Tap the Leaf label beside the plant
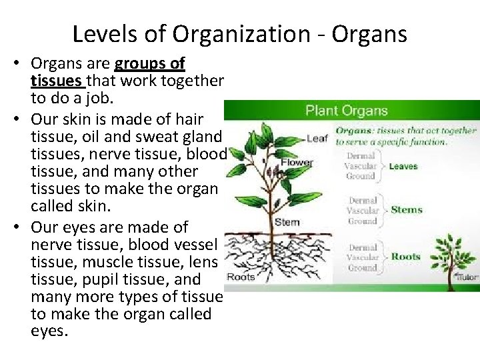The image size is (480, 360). [317, 139]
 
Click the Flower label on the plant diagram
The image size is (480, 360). [297, 163]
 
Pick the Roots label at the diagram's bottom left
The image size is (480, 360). [241, 277]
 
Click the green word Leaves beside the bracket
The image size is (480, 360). [403, 166]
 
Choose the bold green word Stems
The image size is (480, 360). [406, 210]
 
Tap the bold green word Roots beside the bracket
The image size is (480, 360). [405, 256]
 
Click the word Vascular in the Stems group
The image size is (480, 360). [362, 210]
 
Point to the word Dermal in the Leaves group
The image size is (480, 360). [361, 155]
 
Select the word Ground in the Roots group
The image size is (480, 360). [362, 267]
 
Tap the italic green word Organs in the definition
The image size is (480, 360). [354, 131]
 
